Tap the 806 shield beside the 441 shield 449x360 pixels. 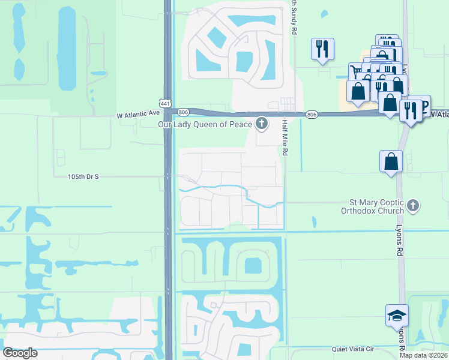click(184, 112)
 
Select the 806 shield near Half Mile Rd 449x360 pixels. click(311, 114)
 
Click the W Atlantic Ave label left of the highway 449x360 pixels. click(138, 112)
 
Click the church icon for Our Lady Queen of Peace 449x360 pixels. click(261, 124)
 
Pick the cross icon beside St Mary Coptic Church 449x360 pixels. click(412, 206)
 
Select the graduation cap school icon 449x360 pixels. click(396, 315)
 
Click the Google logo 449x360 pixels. click(20, 353)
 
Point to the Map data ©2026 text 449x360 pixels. click(424, 355)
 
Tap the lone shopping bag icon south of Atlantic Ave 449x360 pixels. click(391, 161)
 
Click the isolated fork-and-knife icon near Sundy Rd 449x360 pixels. click(322, 49)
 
